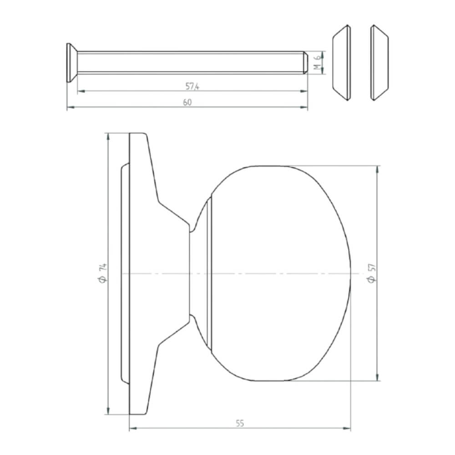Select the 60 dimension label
(187, 103)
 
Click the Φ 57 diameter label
(371, 273)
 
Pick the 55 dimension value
(240, 423)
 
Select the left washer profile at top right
(341, 62)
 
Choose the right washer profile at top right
(379, 62)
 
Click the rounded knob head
(282, 273)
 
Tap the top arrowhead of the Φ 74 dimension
(108, 136)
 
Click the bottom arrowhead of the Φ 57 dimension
(377, 377)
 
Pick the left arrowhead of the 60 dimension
(70, 108)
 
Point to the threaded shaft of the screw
(191, 62)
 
